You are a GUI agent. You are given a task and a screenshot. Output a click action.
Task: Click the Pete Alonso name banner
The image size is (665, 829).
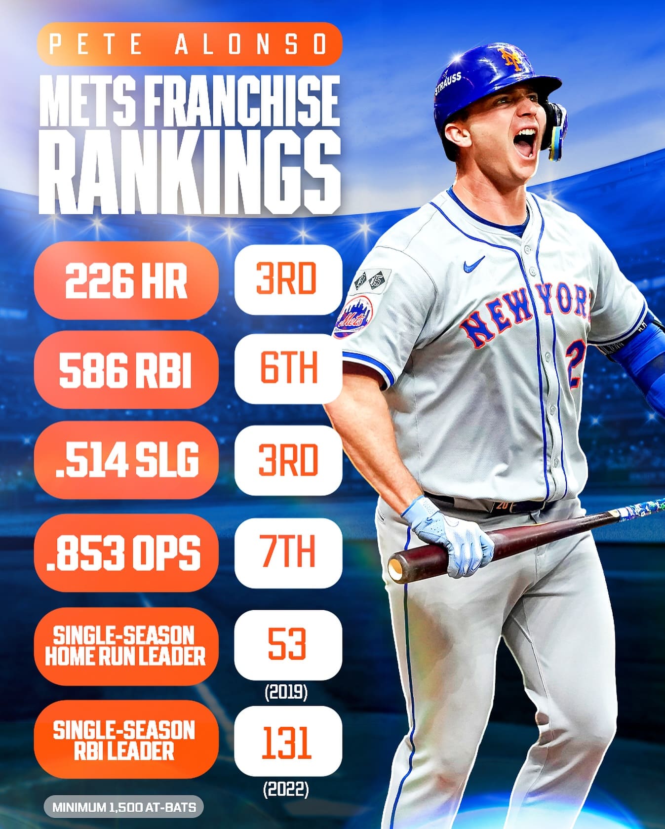(189, 44)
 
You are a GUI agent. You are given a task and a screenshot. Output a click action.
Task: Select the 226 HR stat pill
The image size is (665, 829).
(126, 280)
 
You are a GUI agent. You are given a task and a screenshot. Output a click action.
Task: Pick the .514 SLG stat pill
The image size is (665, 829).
(126, 460)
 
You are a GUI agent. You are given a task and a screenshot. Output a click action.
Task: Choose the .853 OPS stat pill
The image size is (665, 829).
(126, 553)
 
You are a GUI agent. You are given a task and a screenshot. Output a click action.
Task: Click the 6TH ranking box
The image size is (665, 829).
(288, 368)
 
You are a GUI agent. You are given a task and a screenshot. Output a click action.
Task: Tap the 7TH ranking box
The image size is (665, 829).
(288, 553)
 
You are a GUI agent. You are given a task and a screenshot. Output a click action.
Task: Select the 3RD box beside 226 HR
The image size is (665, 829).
(288, 279)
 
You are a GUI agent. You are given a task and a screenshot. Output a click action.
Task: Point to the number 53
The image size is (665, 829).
(288, 643)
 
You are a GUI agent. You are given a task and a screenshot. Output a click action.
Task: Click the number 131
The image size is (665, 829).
(287, 741)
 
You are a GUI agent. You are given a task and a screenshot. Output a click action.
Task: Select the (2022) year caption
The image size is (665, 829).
(286, 790)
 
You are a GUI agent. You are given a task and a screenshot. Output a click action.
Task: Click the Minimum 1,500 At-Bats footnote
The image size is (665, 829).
(124, 808)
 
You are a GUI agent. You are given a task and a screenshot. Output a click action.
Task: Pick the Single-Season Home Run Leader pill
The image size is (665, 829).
(125, 646)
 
